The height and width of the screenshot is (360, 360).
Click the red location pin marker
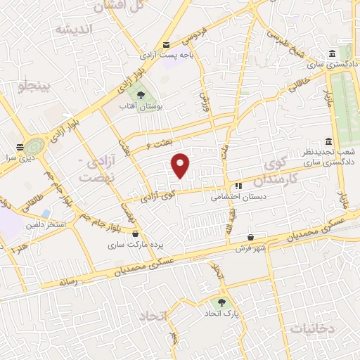pyautogui.click(x=181, y=165)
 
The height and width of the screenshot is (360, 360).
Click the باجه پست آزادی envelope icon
pyautogui.click(x=166, y=44)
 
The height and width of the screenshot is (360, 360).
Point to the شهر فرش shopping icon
pyautogui.click(x=252, y=238)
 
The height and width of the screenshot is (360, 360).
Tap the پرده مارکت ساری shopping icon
pyautogui.click(x=134, y=236)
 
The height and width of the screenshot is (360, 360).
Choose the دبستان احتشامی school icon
pyautogui.click(x=238, y=187)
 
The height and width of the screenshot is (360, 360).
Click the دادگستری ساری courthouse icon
pyautogui.click(x=331, y=54)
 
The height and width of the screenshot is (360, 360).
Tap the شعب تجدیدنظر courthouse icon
pyautogui.click(x=328, y=141)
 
